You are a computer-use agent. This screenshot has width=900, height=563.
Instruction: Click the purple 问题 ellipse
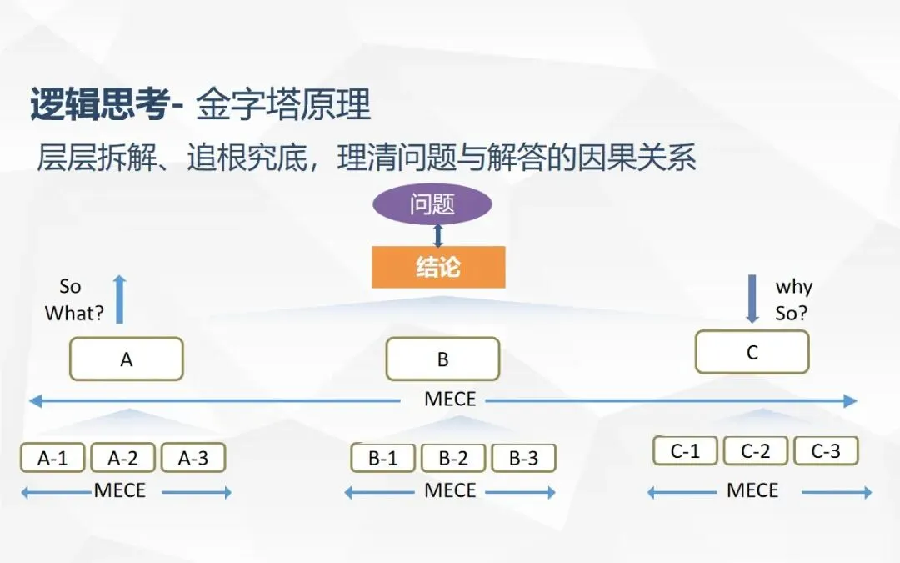click(x=432, y=204)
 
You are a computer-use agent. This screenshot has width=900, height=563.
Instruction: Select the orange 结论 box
click(x=438, y=267)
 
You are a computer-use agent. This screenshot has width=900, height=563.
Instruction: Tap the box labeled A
click(x=127, y=359)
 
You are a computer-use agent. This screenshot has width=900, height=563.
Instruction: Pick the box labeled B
click(x=442, y=359)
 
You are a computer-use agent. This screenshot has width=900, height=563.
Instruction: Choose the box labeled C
click(x=752, y=352)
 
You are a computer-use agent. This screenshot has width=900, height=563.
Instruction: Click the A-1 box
click(x=53, y=458)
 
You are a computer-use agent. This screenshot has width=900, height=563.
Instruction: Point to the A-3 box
click(x=193, y=458)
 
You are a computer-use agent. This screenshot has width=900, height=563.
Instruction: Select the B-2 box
click(x=453, y=458)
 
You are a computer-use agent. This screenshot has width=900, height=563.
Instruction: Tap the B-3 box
click(x=523, y=458)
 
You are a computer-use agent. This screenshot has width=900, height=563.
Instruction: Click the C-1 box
click(x=685, y=451)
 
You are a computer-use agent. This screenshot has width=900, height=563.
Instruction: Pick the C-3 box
click(x=826, y=451)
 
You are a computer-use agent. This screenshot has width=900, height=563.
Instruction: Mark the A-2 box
click(x=123, y=458)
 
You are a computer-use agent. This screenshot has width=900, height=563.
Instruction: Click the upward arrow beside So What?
click(x=119, y=299)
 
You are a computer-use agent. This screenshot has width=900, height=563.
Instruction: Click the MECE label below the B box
click(x=450, y=400)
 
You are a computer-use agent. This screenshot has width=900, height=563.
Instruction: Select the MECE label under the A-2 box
click(x=119, y=490)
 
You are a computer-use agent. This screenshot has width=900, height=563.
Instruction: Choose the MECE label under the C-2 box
click(x=752, y=490)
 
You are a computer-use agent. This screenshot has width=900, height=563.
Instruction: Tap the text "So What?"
click(x=73, y=300)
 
